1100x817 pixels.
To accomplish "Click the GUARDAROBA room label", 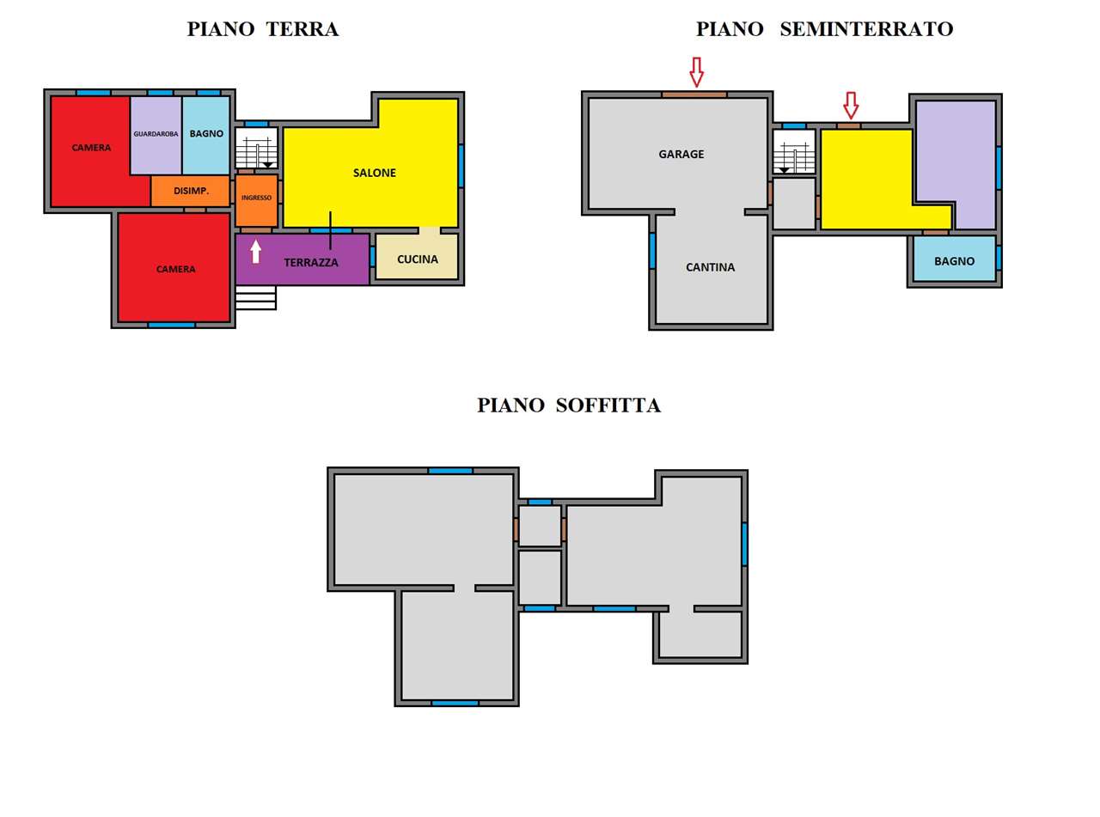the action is [x=156, y=134].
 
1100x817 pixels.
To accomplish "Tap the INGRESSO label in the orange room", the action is [x=256, y=198].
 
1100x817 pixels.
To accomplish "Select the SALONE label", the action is [x=375, y=173].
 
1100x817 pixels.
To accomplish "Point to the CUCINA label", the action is [x=417, y=259].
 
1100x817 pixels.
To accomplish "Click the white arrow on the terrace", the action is [x=255, y=252].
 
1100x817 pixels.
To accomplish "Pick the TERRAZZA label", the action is [x=311, y=262].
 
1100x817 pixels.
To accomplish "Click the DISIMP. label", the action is [x=191, y=191].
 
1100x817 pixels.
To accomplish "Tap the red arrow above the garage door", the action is [x=696, y=72].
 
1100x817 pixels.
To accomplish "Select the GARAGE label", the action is [x=681, y=154].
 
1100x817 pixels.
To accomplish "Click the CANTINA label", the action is [x=710, y=267].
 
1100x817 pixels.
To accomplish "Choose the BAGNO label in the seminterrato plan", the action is [x=954, y=261].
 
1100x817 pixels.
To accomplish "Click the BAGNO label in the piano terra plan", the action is [x=206, y=134].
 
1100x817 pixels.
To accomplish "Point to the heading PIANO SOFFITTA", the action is [x=568, y=405].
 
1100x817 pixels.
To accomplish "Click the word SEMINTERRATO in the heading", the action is [x=866, y=28].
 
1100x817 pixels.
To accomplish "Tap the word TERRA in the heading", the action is [x=302, y=28].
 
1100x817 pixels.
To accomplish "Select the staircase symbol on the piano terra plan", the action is [x=256, y=149].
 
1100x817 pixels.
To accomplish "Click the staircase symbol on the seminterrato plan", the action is [x=793, y=152].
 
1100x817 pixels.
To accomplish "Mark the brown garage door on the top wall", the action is [x=694, y=95].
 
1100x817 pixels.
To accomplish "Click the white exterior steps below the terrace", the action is [x=255, y=297].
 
